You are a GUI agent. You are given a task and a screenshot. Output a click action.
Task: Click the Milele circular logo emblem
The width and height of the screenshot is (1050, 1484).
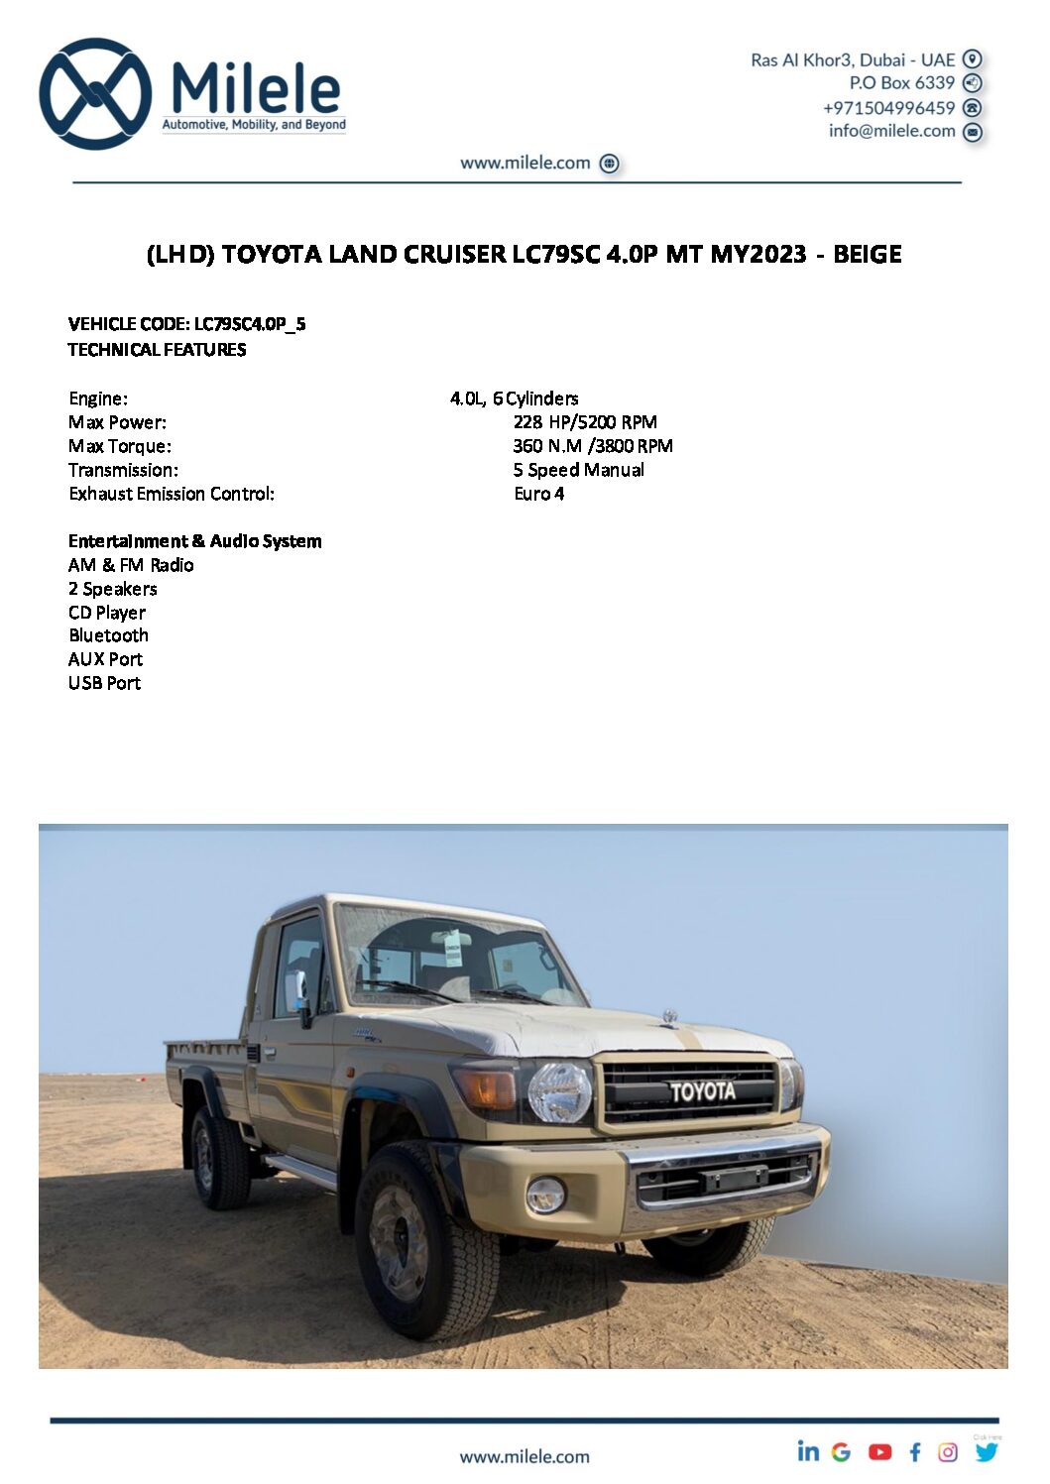[95, 94]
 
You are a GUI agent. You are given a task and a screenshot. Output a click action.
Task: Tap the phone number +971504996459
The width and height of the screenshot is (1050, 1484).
[888, 107]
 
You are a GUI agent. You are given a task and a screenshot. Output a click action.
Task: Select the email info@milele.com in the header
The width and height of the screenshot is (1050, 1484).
[891, 131]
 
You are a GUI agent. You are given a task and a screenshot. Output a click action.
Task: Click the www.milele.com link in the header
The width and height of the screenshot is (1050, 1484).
[525, 163]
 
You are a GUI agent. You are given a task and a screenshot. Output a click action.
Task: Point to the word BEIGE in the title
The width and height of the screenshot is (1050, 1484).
[867, 255]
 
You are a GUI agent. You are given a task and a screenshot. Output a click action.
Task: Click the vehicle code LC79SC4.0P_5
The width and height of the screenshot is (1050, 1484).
[250, 324]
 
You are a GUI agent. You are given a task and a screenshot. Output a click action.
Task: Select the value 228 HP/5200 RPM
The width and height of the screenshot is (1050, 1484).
[585, 422]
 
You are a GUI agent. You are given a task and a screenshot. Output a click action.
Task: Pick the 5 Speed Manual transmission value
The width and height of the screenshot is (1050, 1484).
[579, 470]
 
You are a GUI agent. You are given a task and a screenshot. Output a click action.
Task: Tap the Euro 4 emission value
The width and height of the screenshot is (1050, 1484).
[539, 494]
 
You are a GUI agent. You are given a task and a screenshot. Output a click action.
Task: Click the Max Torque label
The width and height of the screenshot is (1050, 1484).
[120, 446]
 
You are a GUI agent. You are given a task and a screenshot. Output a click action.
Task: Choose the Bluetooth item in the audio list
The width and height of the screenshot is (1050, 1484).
[109, 635]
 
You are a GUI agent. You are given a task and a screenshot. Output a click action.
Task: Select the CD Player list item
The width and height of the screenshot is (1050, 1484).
[107, 613]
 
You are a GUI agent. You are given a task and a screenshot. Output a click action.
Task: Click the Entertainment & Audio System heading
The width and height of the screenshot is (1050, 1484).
[195, 541]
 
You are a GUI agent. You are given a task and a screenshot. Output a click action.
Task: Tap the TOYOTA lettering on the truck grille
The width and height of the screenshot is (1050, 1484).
[702, 1091]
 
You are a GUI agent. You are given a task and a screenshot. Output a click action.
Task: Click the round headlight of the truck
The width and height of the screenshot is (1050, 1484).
[560, 1091]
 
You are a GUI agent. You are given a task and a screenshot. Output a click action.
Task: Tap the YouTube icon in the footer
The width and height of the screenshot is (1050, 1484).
[879, 1452]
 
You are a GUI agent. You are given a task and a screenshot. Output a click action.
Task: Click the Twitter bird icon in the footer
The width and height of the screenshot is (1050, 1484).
[987, 1452]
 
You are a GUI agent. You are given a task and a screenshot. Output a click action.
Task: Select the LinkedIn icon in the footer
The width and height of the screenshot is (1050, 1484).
[809, 1451]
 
